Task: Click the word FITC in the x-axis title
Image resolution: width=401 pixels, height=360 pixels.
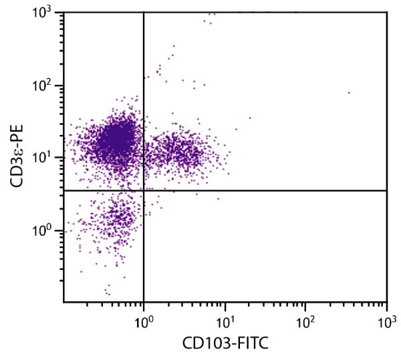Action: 252,344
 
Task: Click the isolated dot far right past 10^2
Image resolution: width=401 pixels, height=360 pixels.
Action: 349,93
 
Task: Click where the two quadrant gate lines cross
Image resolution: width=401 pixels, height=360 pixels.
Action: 144,190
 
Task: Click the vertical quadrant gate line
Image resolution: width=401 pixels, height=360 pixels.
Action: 144,254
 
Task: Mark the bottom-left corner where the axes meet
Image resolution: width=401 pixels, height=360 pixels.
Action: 64,301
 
